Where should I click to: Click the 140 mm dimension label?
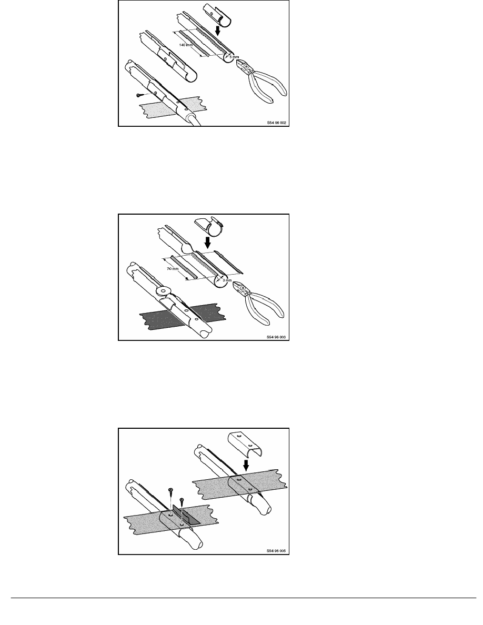pyautogui.click(x=186, y=45)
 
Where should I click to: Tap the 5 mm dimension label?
pyautogui.click(x=234, y=57)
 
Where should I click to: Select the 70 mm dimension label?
pyautogui.click(x=173, y=269)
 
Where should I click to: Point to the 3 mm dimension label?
pyautogui.click(x=227, y=280)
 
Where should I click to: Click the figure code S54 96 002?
pyautogui.click(x=277, y=123)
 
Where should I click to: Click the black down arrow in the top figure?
pyautogui.click(x=217, y=30)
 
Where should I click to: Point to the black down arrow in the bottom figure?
pyautogui.click(x=246, y=465)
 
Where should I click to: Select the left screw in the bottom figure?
pyautogui.click(x=170, y=496)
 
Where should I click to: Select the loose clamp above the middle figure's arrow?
pyautogui.click(x=209, y=226)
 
